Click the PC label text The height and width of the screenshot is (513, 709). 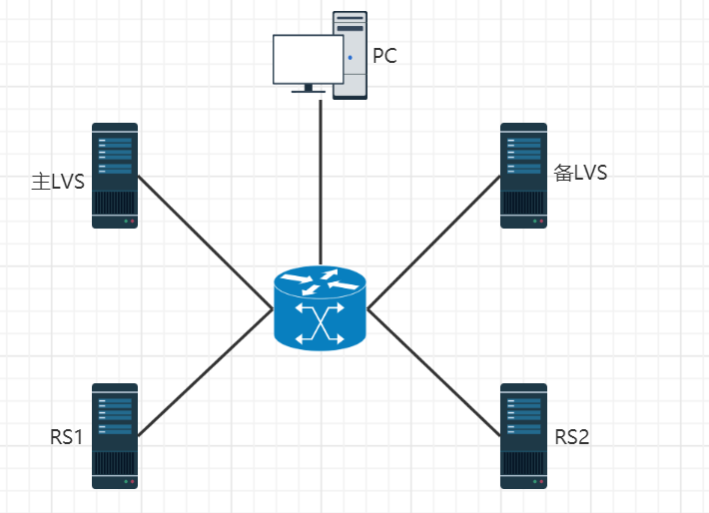click(x=384, y=56)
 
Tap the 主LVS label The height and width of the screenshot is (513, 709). click(x=57, y=182)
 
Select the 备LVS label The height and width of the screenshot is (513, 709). click(x=580, y=173)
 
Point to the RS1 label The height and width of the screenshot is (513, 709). click(x=66, y=437)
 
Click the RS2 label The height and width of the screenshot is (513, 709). click(x=572, y=436)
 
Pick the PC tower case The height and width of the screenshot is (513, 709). click(x=350, y=55)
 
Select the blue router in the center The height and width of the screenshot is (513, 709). click(x=321, y=308)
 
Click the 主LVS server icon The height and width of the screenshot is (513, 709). click(x=115, y=176)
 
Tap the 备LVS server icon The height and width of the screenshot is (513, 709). click(x=524, y=176)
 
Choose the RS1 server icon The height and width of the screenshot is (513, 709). click(x=115, y=435)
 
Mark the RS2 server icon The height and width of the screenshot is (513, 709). click(x=524, y=435)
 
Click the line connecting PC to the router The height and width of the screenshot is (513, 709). click(x=321, y=180)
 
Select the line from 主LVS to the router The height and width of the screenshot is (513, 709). click(x=205, y=242)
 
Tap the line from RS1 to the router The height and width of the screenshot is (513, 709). click(x=205, y=372)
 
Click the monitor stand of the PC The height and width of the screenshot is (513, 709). click(x=308, y=89)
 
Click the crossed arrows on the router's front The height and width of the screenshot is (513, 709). click(x=321, y=325)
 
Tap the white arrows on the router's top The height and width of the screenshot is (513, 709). click(x=321, y=282)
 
